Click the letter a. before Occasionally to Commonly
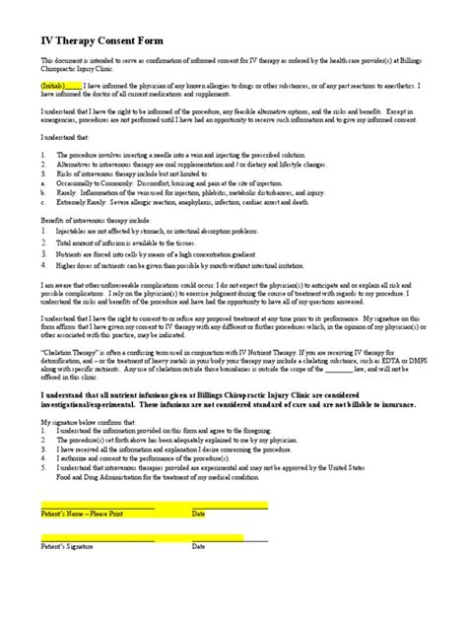pyautogui.click(x=42, y=183)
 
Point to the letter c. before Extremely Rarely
pyautogui.click(x=42, y=200)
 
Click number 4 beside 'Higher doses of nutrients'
pyautogui.click(x=43, y=264)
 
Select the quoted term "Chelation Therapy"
pyautogui.click(x=71, y=349)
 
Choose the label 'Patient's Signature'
pyautogui.click(x=69, y=545)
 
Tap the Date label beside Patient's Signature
pyautogui.click(x=199, y=545)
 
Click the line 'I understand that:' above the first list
pyautogui.click(x=62, y=140)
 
